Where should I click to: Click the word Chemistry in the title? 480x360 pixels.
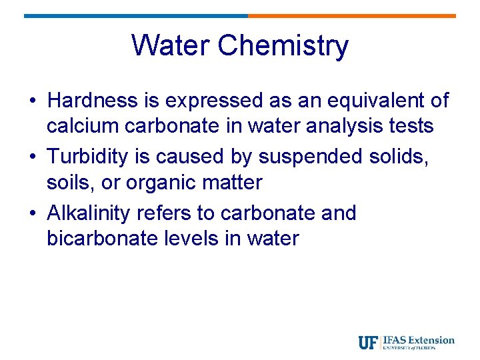283,47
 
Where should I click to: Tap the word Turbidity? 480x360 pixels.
91,157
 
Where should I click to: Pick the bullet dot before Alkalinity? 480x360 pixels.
33,214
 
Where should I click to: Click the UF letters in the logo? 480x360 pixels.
368,343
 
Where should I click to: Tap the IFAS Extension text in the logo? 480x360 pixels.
419,340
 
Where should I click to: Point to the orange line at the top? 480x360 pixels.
352,15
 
